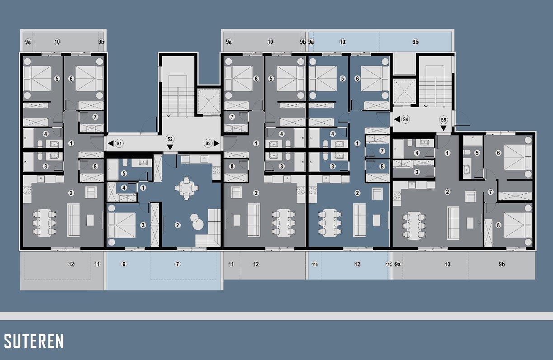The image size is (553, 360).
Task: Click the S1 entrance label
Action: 119,143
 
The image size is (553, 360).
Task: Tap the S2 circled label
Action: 170,139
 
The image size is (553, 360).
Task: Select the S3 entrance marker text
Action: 208,143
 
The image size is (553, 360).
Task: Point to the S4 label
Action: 405,119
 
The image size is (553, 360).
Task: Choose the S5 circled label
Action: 443,120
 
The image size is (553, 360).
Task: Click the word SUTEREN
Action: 33,341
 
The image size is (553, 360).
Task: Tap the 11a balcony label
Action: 314,264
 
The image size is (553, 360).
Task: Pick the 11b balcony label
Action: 389,264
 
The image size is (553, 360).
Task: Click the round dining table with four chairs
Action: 187,188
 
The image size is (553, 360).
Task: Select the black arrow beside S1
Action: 111,143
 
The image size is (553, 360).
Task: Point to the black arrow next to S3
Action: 216,143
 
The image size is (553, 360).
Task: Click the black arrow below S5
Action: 443,128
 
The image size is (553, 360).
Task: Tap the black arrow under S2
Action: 170,147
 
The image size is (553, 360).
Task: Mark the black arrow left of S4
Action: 397,119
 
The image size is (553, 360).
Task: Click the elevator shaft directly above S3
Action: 209,102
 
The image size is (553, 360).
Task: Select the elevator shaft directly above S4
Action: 404,91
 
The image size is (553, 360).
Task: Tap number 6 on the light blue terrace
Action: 124,264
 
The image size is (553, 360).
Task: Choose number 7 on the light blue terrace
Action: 177,264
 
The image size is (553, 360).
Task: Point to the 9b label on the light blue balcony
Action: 415,42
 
